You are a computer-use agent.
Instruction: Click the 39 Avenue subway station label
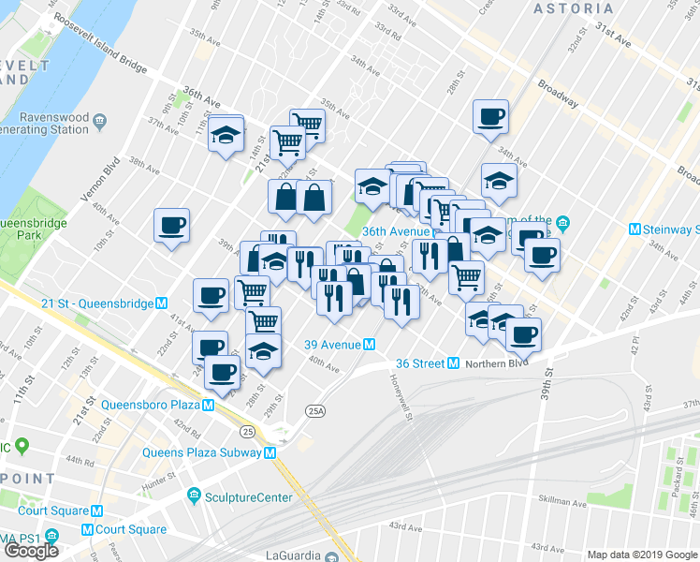(x=333, y=345)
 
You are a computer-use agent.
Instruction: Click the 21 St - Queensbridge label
(x=84, y=303)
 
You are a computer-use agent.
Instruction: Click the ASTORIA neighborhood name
(x=574, y=8)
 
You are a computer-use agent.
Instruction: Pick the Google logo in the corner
(x=31, y=550)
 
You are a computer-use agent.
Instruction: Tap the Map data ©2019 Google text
(x=642, y=555)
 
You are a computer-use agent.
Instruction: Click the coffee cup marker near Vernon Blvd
(x=172, y=227)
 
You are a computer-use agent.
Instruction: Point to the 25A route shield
(x=315, y=410)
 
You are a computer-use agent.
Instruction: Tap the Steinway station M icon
(x=635, y=229)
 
